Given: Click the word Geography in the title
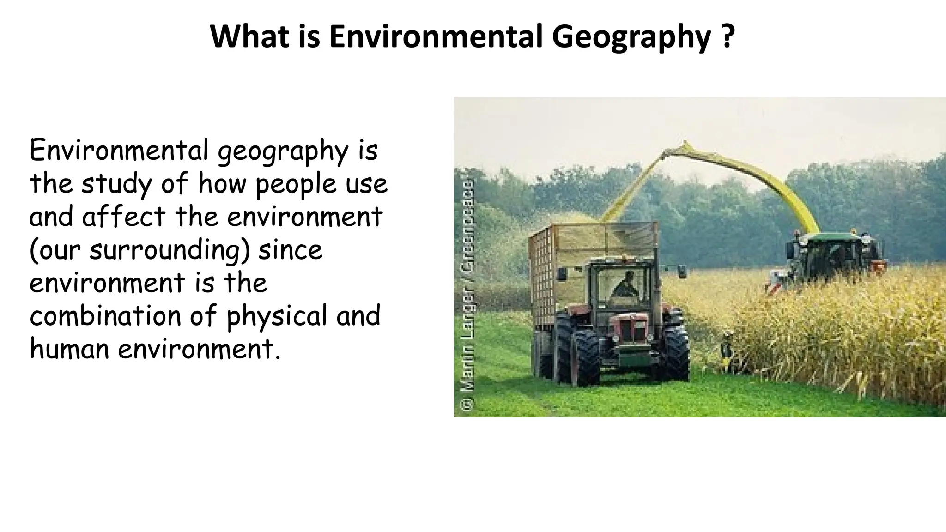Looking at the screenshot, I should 631,37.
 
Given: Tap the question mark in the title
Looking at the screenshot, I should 728,37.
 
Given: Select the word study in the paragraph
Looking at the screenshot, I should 116,185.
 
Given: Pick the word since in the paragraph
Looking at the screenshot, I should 290,250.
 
